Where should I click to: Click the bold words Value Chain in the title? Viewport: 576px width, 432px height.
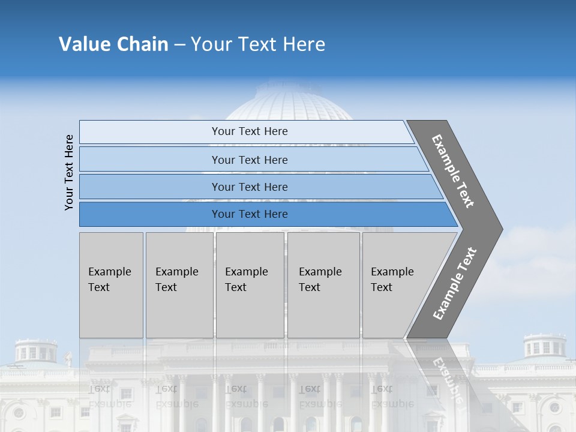(x=113, y=44)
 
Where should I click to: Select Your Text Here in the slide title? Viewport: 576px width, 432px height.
(x=258, y=44)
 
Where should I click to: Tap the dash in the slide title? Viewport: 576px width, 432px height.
(x=179, y=45)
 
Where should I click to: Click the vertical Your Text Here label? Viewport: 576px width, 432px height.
(x=70, y=172)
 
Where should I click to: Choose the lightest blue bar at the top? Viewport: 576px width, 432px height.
(x=249, y=131)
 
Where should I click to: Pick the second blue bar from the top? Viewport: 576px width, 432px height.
(x=249, y=160)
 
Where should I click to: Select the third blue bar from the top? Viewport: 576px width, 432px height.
(x=249, y=187)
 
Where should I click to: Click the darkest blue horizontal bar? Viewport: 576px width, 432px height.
(x=249, y=214)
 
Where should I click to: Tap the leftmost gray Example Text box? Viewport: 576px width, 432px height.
(x=111, y=285)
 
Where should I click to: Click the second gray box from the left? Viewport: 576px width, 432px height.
(x=179, y=285)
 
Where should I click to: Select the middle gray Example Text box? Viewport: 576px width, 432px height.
(x=250, y=285)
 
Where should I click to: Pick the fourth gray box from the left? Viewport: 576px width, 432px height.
(x=323, y=285)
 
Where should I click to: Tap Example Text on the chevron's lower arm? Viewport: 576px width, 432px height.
(x=455, y=283)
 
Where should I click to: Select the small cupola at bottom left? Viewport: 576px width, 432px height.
(x=36, y=350)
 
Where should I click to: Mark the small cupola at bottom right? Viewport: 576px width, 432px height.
(x=544, y=347)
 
